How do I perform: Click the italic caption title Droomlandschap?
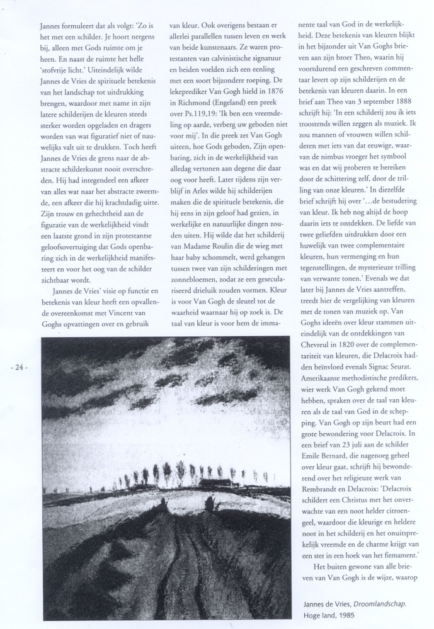pyautogui.click(x=379, y=604)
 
